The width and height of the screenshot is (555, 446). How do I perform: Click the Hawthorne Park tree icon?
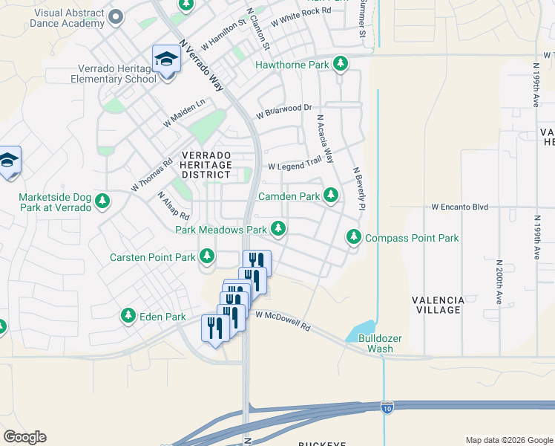(341, 65)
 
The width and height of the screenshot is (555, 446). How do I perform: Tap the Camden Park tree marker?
(331, 196)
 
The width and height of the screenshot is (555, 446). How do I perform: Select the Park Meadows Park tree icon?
(278, 229)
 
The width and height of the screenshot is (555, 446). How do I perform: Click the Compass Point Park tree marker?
(354, 237)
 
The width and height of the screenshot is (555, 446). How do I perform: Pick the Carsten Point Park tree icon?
(207, 257)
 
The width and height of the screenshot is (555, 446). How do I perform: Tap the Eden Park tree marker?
(128, 317)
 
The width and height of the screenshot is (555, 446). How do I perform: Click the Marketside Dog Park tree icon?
(102, 201)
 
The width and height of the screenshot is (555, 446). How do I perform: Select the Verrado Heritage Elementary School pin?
(166, 59)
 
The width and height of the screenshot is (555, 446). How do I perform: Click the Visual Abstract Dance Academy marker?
(115, 16)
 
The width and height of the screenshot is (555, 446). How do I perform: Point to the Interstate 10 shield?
(387, 407)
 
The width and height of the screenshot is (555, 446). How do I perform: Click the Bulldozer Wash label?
(380, 343)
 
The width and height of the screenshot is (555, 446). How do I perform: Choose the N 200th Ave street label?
(497, 283)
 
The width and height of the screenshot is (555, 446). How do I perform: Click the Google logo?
(24, 437)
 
